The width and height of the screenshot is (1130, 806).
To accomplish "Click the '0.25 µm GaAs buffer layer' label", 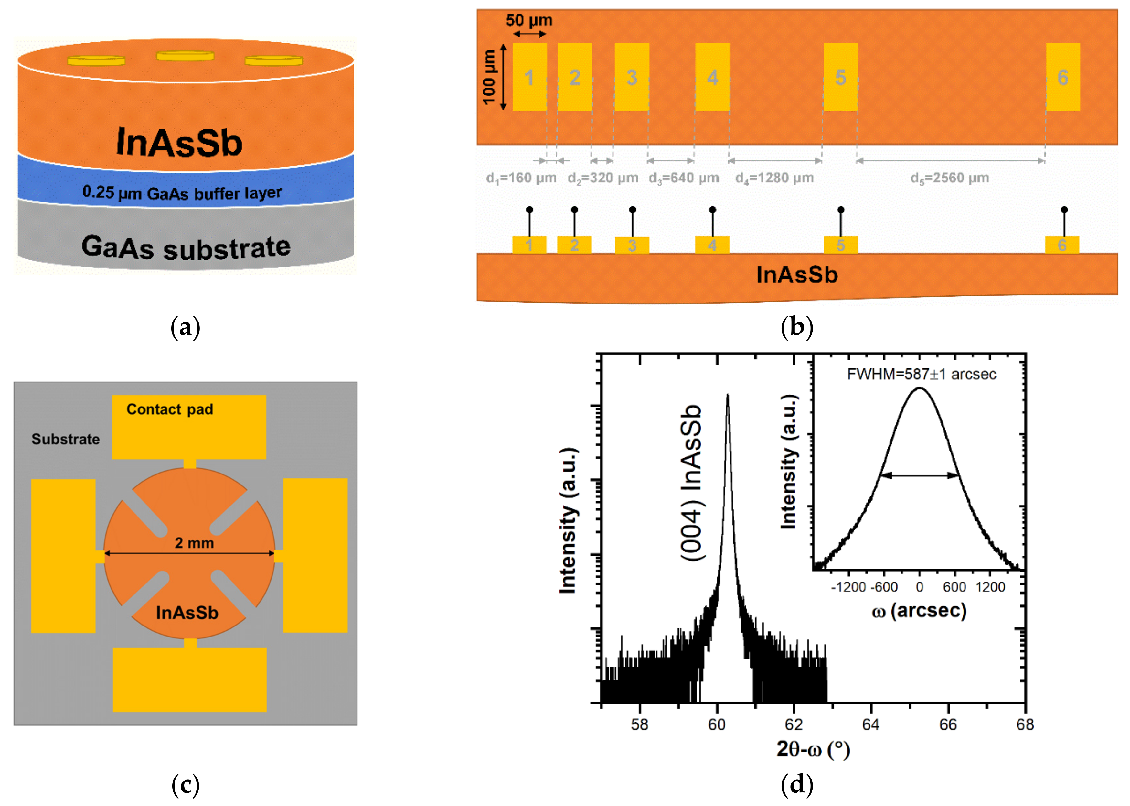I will point(182,192).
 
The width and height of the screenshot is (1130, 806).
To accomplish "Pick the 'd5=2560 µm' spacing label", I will point(949,178).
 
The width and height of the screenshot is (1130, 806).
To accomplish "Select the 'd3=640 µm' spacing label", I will point(684,178).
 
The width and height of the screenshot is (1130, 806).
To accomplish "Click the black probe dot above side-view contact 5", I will point(840,210).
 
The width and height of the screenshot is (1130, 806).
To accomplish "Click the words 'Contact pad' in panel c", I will point(170,409).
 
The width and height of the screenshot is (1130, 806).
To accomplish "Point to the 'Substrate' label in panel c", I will point(66,439).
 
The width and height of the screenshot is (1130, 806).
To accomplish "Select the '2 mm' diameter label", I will point(194,543).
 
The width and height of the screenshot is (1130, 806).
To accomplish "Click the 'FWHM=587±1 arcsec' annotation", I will point(921,374).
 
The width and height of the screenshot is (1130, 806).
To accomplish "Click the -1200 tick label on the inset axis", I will point(848,587).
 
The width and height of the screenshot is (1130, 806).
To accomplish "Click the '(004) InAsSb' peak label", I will point(691,483).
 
